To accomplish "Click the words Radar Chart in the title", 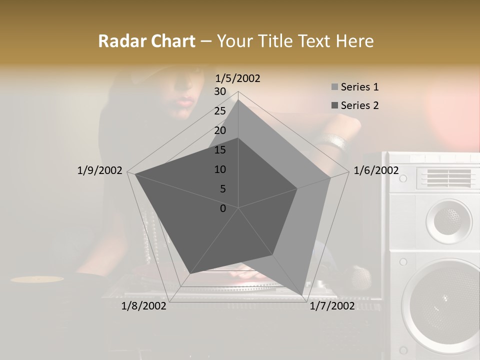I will click(146, 41).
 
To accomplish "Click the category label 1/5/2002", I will click(237, 78).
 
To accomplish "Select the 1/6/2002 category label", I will click(376, 170).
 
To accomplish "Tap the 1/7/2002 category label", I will click(332, 306).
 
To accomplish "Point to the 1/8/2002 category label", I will click(144, 306).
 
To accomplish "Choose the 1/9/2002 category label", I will click(99, 170).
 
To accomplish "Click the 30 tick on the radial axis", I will click(220, 91).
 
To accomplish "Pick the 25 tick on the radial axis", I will click(220, 111).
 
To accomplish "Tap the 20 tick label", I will click(220, 130).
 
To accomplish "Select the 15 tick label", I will click(220, 150).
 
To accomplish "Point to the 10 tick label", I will click(220, 169).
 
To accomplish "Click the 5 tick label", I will click(222, 189).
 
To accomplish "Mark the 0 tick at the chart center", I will click(223, 208).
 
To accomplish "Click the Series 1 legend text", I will click(359, 87).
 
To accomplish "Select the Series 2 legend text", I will click(359, 105).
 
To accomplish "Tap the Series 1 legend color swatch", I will click(334, 87).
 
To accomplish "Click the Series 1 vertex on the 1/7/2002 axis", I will click(302, 295).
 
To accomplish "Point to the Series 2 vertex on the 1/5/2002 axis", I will click(238, 138).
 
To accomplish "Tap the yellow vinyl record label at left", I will click(37, 279).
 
